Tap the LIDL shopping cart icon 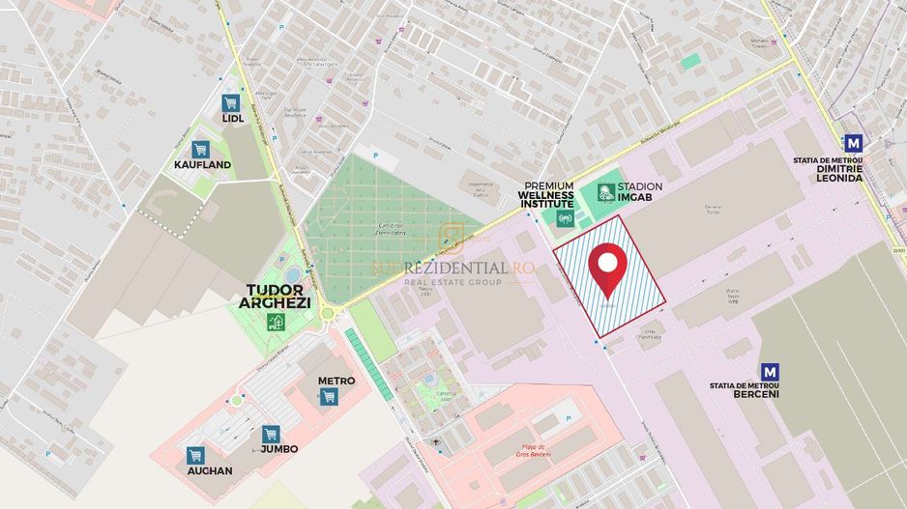(x=230, y=102)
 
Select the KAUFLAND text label (x=202, y=165)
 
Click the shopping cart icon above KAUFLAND (x=200, y=149)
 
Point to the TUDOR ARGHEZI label (x=276, y=297)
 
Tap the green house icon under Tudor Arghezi (x=277, y=322)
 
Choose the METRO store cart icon (x=329, y=397)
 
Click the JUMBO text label (x=278, y=449)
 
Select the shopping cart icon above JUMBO (x=270, y=434)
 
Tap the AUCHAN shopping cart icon (x=195, y=455)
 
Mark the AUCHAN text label (x=210, y=471)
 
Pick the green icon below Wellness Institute (x=566, y=218)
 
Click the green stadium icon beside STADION (x=605, y=192)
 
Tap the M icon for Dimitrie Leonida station (x=852, y=143)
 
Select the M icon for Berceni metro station (x=771, y=371)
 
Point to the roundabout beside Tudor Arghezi (x=328, y=314)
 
